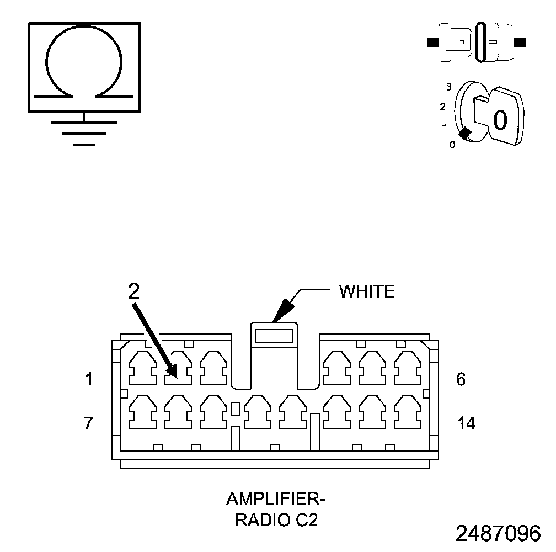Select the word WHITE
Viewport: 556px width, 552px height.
coord(367,291)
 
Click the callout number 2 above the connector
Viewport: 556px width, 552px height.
coord(133,291)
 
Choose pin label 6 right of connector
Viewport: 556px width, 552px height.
coord(461,380)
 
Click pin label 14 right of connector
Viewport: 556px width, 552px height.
coord(466,424)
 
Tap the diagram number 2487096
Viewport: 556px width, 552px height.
coord(498,534)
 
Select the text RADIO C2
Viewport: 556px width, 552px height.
coord(276,521)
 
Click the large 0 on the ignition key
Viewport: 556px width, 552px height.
coord(500,119)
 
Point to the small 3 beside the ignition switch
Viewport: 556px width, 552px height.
coord(449,87)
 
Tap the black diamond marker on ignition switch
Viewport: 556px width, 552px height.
coord(466,134)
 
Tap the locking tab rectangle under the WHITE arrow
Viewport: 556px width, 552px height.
coord(274,335)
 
